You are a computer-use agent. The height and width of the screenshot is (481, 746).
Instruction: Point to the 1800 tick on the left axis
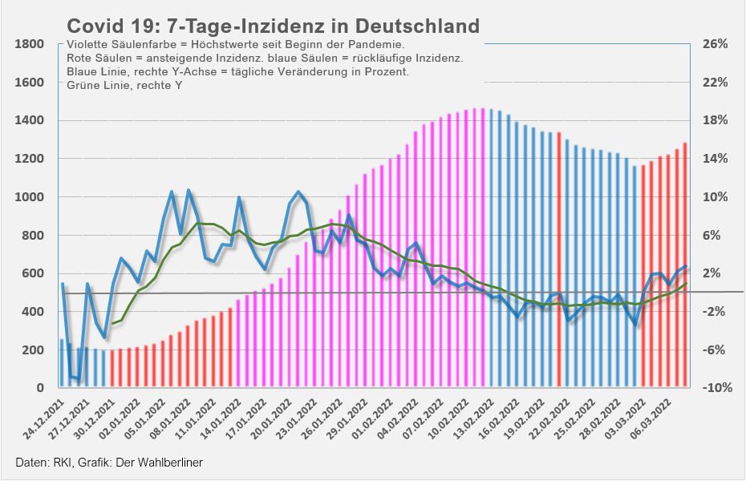point(30,44)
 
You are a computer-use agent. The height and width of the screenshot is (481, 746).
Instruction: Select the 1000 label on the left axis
point(30,197)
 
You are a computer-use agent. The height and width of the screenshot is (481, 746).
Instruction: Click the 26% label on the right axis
point(715,44)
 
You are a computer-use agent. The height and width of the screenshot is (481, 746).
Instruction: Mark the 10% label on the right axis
point(715,197)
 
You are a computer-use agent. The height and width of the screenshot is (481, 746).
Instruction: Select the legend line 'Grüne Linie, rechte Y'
point(124,85)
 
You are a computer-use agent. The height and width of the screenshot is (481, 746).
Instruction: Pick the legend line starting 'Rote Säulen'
point(265,58)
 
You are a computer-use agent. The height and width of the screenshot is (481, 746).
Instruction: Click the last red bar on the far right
point(685,265)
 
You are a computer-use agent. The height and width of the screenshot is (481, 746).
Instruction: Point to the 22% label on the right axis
point(715,83)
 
